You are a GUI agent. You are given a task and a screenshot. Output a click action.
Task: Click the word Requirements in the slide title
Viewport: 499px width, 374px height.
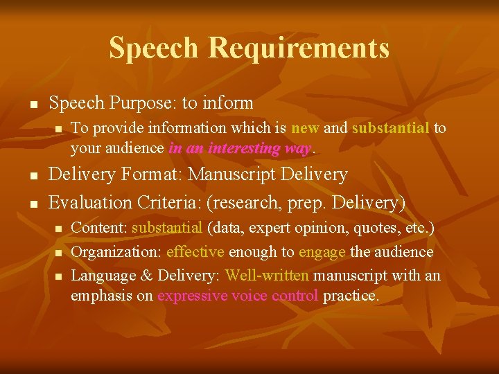click(299, 48)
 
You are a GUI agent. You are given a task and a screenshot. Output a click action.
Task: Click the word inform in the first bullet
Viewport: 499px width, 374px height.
click(228, 103)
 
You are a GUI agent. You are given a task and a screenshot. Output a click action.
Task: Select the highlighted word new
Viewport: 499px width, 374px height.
click(304, 128)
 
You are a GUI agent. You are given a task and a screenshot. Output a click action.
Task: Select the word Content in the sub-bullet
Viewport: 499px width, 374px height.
click(98, 227)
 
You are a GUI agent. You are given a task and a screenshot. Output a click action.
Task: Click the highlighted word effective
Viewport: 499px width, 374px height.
click(195, 252)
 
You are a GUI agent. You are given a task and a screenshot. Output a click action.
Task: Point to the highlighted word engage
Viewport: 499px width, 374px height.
click(321, 252)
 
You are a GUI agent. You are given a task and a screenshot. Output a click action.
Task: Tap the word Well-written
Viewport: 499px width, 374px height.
click(267, 276)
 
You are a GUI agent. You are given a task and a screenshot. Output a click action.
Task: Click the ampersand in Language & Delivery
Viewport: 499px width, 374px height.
click(146, 276)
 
